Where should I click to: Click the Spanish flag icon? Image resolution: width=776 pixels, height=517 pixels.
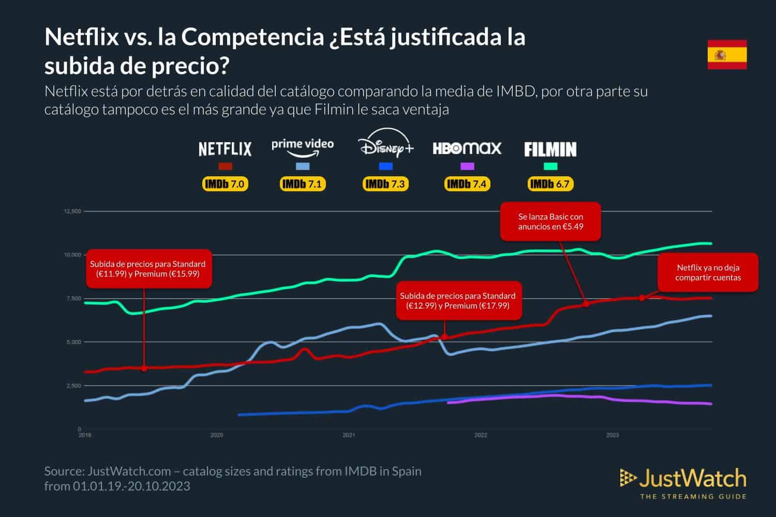coord(727,54)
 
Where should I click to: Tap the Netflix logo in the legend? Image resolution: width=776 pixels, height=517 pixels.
coord(225,149)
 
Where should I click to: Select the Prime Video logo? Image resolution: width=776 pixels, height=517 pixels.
coord(303,147)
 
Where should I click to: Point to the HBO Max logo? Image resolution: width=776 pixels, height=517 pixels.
coord(467,149)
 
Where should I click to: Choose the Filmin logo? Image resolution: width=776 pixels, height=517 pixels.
coord(550,150)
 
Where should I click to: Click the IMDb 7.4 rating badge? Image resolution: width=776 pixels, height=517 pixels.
coord(467,184)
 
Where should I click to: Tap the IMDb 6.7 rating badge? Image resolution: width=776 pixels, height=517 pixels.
coord(550,184)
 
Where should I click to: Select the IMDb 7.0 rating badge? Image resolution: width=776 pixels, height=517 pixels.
coord(225,184)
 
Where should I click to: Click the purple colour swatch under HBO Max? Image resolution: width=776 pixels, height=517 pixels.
coord(467,166)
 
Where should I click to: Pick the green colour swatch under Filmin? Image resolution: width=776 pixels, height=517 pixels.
coord(550,166)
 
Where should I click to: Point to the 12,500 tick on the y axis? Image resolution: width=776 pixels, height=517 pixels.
coord(72,211)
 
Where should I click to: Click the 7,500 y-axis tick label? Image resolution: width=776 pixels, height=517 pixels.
coord(73,299)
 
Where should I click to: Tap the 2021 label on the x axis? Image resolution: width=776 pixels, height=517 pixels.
coord(349,435)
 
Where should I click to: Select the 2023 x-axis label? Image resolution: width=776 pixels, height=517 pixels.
coord(613,435)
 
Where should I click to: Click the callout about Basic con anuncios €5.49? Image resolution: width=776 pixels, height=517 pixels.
coord(550,222)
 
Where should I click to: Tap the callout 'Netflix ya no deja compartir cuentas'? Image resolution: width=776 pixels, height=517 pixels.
coord(708,272)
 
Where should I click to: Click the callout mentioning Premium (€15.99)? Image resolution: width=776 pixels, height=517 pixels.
coord(147,269)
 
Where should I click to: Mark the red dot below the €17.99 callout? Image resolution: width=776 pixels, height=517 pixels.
coord(444,337)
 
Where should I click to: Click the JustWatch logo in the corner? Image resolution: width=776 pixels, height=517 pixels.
coord(683,483)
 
